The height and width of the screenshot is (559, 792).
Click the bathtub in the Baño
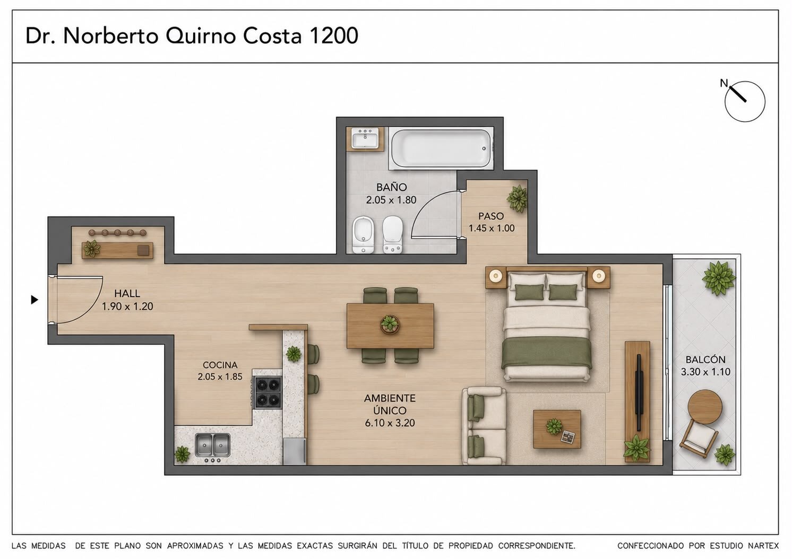[x=441, y=149]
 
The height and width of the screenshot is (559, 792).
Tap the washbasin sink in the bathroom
[x=365, y=138]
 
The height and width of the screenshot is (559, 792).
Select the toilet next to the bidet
[x=392, y=234]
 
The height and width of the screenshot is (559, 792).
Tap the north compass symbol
[x=744, y=101]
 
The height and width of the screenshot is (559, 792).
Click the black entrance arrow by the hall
[x=35, y=300]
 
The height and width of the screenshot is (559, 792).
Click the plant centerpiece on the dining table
[x=390, y=324]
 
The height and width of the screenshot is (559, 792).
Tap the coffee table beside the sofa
[x=557, y=429]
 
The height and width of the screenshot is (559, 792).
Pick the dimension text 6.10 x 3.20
[x=390, y=423]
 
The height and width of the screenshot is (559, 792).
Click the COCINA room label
[x=220, y=365]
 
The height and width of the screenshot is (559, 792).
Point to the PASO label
[x=491, y=216]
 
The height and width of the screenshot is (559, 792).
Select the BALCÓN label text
[x=705, y=360]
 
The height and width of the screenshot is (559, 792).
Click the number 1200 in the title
[x=333, y=36]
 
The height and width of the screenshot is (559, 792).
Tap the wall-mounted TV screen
[x=639, y=392]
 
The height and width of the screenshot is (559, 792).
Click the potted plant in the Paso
[x=517, y=198]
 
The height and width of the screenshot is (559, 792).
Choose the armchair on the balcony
[x=698, y=439]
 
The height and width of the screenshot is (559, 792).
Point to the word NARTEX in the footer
[x=763, y=546]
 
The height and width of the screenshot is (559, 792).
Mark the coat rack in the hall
[x=117, y=232]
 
